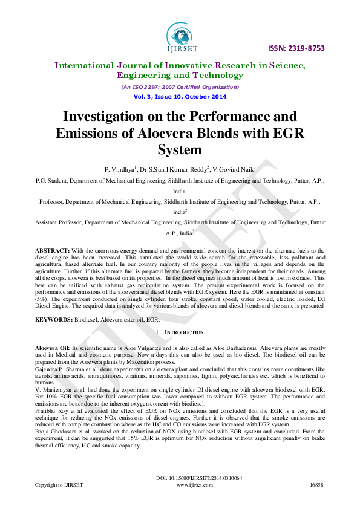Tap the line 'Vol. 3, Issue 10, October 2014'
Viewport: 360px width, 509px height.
[x=180, y=97]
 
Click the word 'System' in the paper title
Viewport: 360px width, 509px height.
[x=180, y=149]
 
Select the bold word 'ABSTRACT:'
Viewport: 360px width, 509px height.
[x=53, y=250]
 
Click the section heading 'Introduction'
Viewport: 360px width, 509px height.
[x=185, y=332]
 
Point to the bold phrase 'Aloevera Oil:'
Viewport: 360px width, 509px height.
[x=53, y=348]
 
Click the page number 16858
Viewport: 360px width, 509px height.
[x=316, y=485]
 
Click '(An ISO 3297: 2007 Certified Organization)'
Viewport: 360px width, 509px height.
[x=180, y=87]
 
